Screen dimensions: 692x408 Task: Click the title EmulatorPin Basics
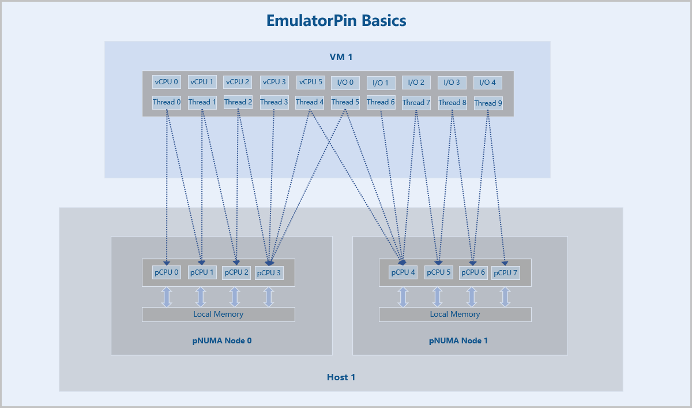336,21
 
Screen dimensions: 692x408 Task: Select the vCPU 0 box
167,82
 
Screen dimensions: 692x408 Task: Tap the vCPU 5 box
310,82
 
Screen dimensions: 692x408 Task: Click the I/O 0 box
345,83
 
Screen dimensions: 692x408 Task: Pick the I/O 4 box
487,83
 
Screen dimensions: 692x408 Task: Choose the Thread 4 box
310,102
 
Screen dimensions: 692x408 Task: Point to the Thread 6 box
381,102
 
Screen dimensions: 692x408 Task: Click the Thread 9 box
488,103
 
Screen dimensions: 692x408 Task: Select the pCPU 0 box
167,272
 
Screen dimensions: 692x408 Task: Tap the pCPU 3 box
269,273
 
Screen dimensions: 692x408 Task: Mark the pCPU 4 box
403,272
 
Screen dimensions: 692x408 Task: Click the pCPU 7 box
505,273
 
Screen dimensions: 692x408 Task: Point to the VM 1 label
341,57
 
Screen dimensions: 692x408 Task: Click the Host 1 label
341,377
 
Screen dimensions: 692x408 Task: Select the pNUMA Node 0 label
222,340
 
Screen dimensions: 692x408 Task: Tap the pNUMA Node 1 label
458,340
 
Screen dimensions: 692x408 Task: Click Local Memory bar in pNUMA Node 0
219,315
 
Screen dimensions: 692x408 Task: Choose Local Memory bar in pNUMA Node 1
455,315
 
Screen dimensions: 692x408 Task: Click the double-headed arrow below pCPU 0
167,297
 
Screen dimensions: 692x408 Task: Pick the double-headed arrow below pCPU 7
505,297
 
